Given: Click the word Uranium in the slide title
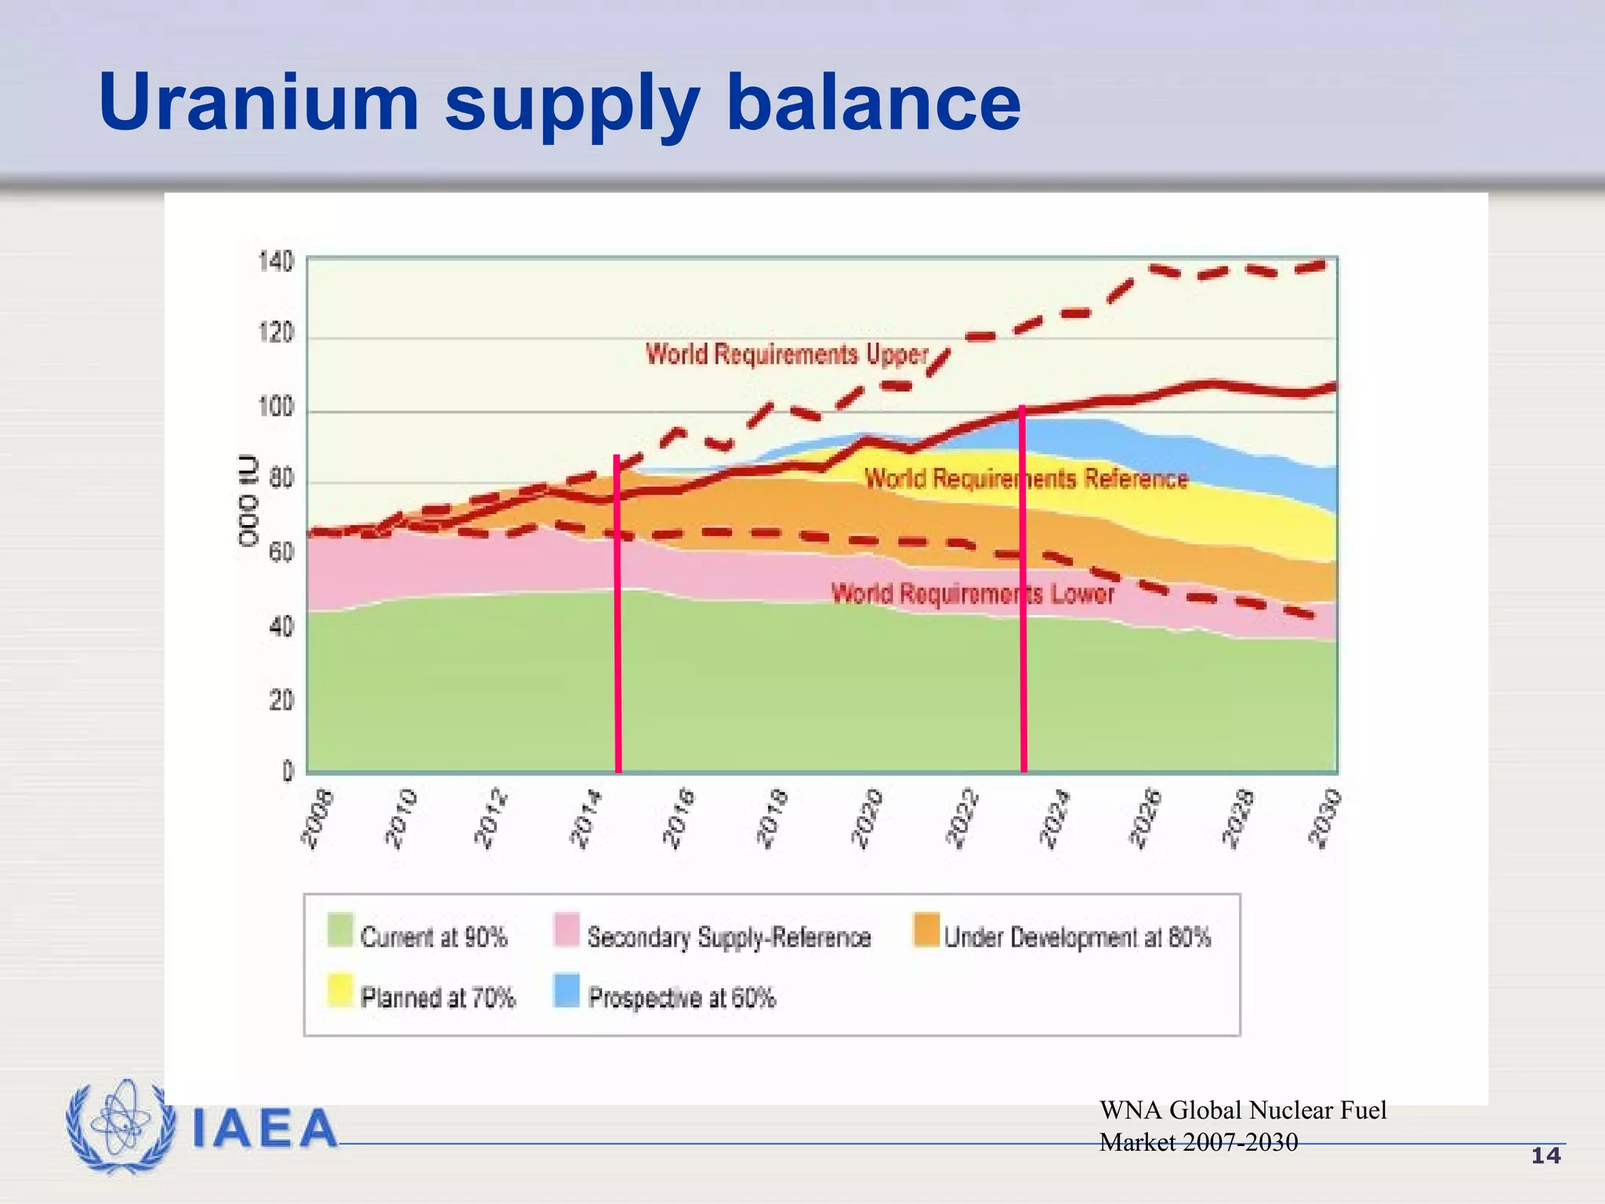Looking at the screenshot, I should [259, 103].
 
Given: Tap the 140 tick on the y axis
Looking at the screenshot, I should [276, 262].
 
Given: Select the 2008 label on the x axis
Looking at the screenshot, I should [318, 819].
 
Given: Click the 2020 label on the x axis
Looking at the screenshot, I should [868, 819].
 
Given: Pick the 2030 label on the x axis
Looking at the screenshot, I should [1325, 819].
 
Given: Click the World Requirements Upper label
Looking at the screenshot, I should [787, 354].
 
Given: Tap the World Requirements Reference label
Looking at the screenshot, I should [1026, 478].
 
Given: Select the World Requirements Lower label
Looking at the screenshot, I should [972, 593].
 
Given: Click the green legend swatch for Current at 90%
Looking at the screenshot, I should [340, 930].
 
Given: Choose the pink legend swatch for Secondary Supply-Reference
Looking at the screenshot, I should [566, 930].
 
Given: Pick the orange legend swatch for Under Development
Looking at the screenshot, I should [926, 930].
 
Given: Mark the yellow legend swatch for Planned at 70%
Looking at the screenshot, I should [340, 991].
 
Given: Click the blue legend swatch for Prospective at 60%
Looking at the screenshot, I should [566, 991].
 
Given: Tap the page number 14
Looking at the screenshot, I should [1545, 1156].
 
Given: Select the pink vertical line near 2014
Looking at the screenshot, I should [618, 627].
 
